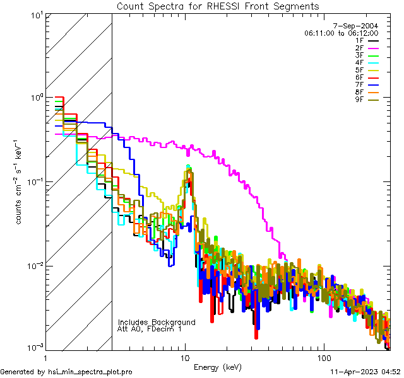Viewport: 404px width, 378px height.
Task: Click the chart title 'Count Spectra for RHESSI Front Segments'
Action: point(218,6)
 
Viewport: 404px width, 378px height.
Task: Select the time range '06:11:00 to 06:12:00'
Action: point(341,33)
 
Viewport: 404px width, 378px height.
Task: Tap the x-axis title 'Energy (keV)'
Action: point(218,367)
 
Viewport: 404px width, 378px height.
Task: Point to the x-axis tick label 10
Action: point(185,357)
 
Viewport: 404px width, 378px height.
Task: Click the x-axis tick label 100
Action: point(323,357)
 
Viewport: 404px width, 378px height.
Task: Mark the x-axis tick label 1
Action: point(46,357)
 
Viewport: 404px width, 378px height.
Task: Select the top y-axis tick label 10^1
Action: point(35,15)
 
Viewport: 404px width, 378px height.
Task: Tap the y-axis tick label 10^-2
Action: point(34,265)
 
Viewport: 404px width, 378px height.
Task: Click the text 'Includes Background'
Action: point(157,322)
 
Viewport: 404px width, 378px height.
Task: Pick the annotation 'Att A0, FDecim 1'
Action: point(150,329)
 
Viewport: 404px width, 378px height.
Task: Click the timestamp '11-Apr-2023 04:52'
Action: point(364,372)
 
